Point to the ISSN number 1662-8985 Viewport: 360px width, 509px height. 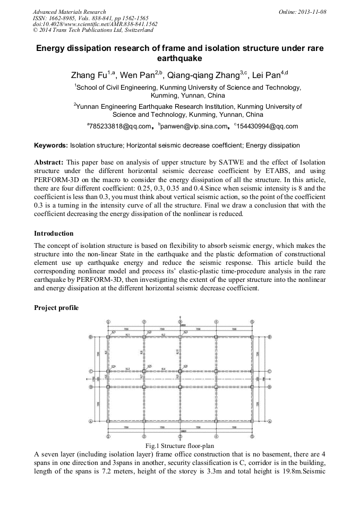[62, 18]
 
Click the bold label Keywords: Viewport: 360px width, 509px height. [51, 145]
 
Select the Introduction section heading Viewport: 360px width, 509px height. [54, 234]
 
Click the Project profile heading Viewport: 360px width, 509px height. [56, 308]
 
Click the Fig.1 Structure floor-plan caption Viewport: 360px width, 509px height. [179, 446]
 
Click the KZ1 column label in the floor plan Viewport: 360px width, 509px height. [114, 332]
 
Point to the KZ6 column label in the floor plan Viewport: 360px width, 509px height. [185, 367]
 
